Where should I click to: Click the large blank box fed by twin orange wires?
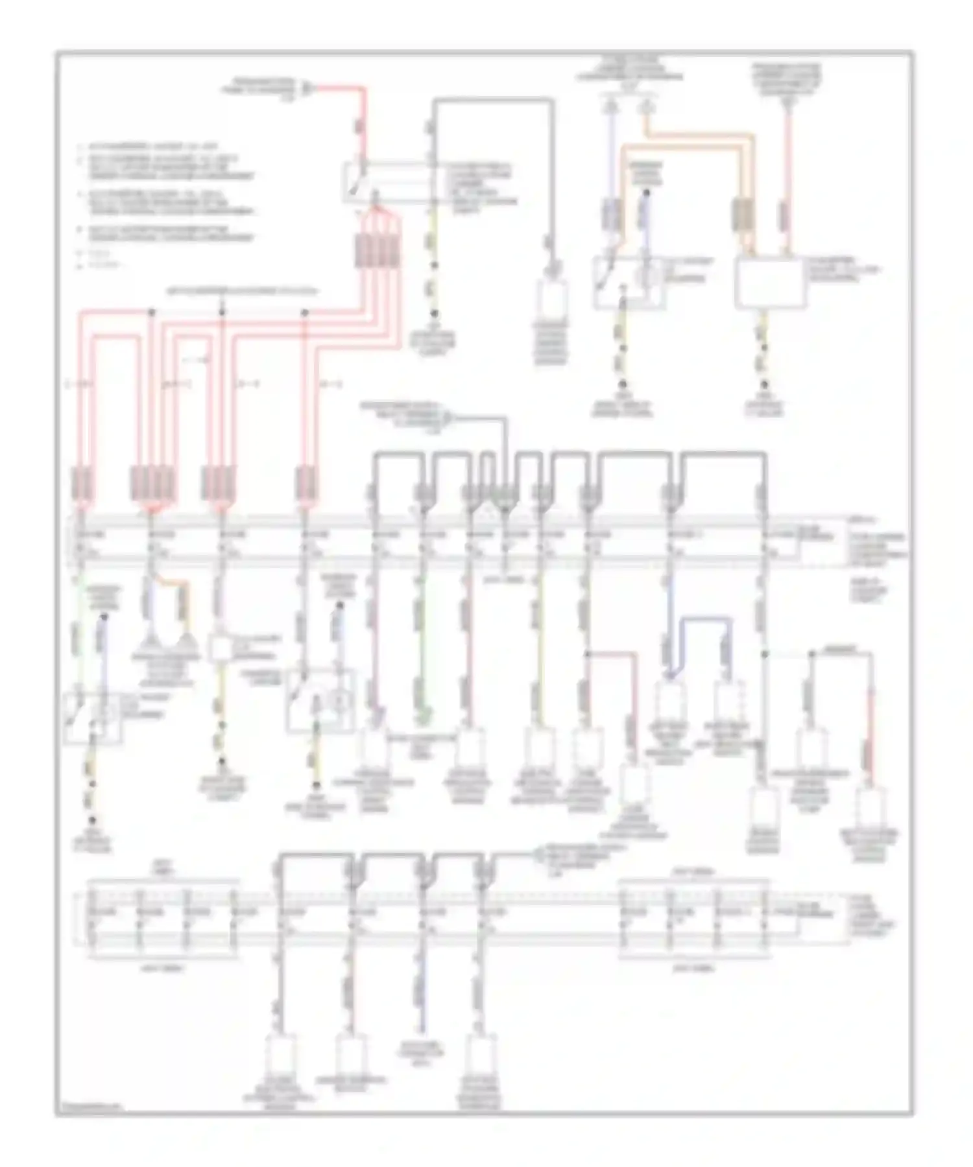tap(770, 283)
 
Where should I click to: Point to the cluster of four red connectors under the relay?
tap(376, 250)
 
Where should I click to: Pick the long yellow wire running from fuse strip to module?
tap(540, 642)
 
